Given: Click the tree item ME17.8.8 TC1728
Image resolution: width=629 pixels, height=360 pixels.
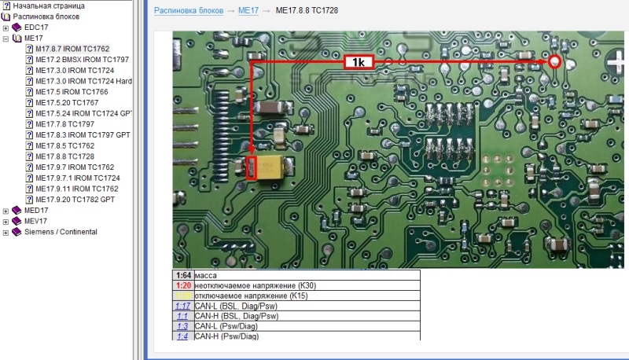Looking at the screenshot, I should (x=65, y=156).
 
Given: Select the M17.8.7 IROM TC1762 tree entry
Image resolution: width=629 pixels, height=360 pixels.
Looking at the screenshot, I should (x=72, y=49).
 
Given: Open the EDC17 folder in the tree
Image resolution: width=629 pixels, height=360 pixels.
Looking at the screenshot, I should (x=36, y=27).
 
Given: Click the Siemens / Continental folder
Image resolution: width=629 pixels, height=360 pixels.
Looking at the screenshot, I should (x=61, y=232).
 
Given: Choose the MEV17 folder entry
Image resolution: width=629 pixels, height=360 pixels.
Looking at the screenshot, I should (x=36, y=222).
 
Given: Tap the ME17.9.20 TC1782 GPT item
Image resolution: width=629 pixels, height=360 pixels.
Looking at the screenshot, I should (x=75, y=200).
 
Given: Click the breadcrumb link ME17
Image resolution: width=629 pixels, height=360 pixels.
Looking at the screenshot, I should (x=248, y=10).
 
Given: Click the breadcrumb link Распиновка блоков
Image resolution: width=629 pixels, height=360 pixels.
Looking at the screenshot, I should (x=189, y=10).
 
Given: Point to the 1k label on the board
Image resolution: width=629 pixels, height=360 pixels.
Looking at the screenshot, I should (x=359, y=63).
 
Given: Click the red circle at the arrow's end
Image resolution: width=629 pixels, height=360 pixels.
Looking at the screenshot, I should (x=555, y=62).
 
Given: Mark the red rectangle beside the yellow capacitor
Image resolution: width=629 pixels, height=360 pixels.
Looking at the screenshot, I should (x=252, y=168).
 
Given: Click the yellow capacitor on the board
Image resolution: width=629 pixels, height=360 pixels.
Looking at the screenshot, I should (x=275, y=167).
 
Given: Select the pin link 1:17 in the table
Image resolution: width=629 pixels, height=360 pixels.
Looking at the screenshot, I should (x=182, y=305).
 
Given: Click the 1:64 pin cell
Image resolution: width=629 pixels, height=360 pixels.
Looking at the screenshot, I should (x=182, y=275).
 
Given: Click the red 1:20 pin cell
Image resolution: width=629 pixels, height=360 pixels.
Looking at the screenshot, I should (x=182, y=285).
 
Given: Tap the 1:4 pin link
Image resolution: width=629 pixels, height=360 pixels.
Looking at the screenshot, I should (x=182, y=336).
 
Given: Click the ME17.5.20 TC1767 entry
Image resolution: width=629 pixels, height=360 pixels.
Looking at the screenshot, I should (x=67, y=102).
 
